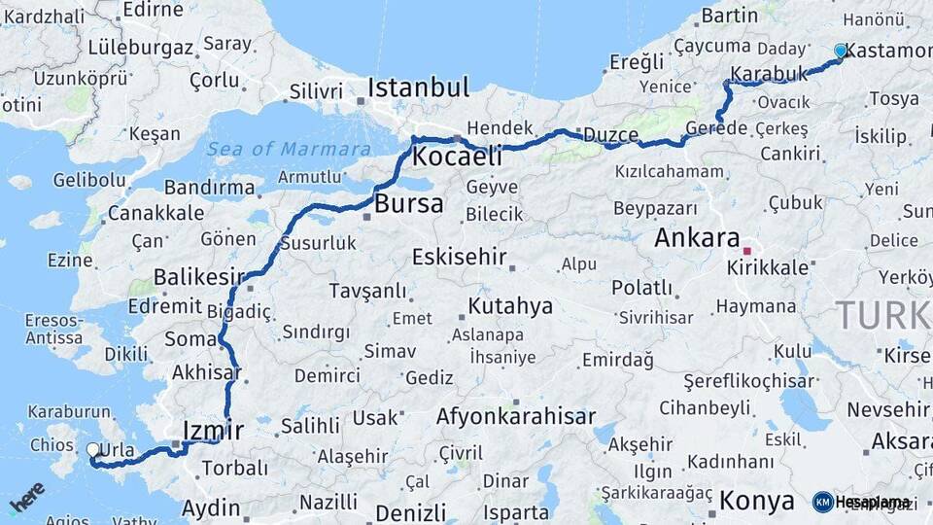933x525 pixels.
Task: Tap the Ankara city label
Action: (697, 237)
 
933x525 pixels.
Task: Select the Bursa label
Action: (409, 204)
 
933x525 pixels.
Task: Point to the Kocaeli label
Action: (457, 157)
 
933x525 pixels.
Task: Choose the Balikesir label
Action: (198, 278)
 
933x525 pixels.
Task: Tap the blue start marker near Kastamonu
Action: (841, 51)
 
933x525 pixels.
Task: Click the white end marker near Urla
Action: (93, 450)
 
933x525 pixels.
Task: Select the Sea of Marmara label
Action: (289, 149)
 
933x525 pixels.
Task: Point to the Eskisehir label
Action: (460, 258)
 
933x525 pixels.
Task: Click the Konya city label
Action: (757, 501)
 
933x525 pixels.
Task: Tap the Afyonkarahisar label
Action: (516, 417)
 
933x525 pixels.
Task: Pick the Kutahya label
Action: (510, 306)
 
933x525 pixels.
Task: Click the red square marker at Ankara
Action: (746, 236)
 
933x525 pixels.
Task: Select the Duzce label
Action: (609, 135)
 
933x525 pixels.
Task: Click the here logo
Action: (25, 498)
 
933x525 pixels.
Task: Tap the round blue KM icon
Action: (822, 502)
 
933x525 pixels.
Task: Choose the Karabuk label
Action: (769, 75)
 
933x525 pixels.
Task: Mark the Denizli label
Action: (410, 512)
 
